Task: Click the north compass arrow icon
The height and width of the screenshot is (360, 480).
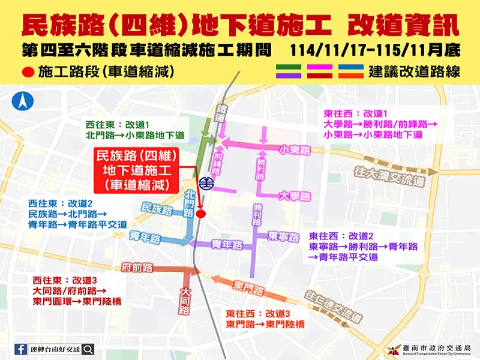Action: [x=23, y=100]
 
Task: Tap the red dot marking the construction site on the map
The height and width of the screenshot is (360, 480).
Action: [x=201, y=213]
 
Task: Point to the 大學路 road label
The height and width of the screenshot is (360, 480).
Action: [x=295, y=196]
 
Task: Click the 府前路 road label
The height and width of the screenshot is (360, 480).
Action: [x=136, y=266]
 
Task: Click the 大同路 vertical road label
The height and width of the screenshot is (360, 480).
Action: [x=185, y=300]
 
